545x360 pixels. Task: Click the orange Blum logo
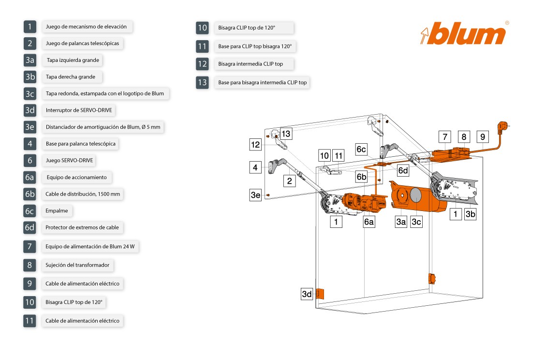tap(464, 33)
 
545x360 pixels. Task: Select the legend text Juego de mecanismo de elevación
tap(86, 27)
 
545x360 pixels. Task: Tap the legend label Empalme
tap(57, 211)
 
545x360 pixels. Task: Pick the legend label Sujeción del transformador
tap(77, 265)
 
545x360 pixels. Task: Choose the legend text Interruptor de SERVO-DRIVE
tap(79, 110)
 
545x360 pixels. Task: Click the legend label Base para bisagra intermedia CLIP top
tap(263, 83)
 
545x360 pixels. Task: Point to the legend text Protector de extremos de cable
tap(82, 227)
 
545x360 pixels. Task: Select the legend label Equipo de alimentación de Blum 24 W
tap(90, 247)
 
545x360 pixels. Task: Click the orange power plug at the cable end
tap(503, 127)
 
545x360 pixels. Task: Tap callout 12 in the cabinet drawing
tap(255, 144)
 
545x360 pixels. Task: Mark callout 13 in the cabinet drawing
tap(286, 134)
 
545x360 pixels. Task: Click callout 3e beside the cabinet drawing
tap(255, 195)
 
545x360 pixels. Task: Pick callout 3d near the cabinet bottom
tap(307, 294)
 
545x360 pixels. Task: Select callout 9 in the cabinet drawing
tap(483, 137)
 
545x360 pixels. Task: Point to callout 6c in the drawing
tap(361, 149)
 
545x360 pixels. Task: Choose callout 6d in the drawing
tap(403, 170)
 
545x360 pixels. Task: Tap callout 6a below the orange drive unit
tap(369, 222)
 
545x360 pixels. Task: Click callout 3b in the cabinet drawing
tap(470, 214)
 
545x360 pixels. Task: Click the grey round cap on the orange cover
tap(415, 195)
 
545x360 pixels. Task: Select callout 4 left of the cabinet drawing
tap(255, 167)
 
